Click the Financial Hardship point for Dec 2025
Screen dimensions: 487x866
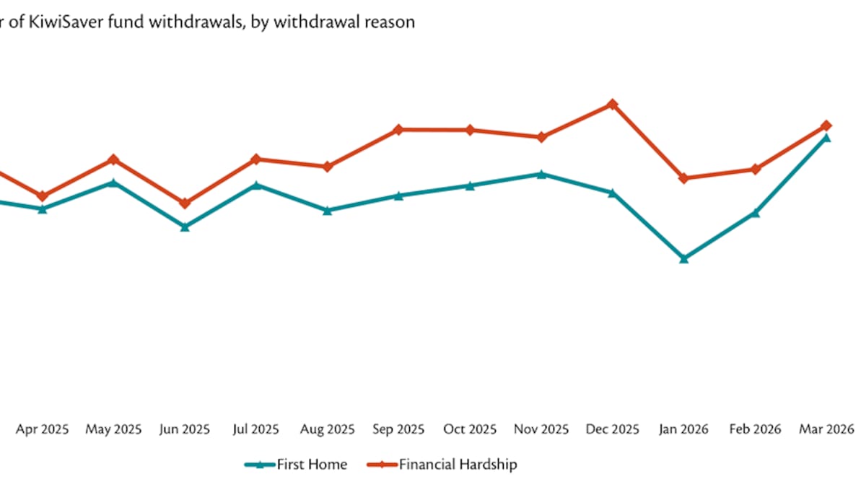tap(612, 104)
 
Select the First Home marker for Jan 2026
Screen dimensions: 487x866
tap(683, 258)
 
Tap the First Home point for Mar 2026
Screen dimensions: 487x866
tap(826, 137)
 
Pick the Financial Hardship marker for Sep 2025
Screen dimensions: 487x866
tap(398, 130)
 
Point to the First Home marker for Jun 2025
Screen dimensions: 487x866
tap(185, 227)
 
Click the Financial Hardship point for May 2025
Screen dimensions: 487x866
tap(113, 159)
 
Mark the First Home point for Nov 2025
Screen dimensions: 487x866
tap(541, 174)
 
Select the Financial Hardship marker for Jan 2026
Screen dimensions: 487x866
tap(683, 178)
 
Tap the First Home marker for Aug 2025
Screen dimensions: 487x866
tap(327, 211)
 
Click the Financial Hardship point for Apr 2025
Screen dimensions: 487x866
tap(43, 196)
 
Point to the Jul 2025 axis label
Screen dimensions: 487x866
tap(256, 429)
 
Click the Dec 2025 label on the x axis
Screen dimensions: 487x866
tap(612, 429)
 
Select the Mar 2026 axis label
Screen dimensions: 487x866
tap(826, 429)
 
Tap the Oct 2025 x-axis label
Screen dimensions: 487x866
tap(470, 429)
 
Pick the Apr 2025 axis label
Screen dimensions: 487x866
tap(43, 429)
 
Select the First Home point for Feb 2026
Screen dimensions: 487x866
tap(755, 213)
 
